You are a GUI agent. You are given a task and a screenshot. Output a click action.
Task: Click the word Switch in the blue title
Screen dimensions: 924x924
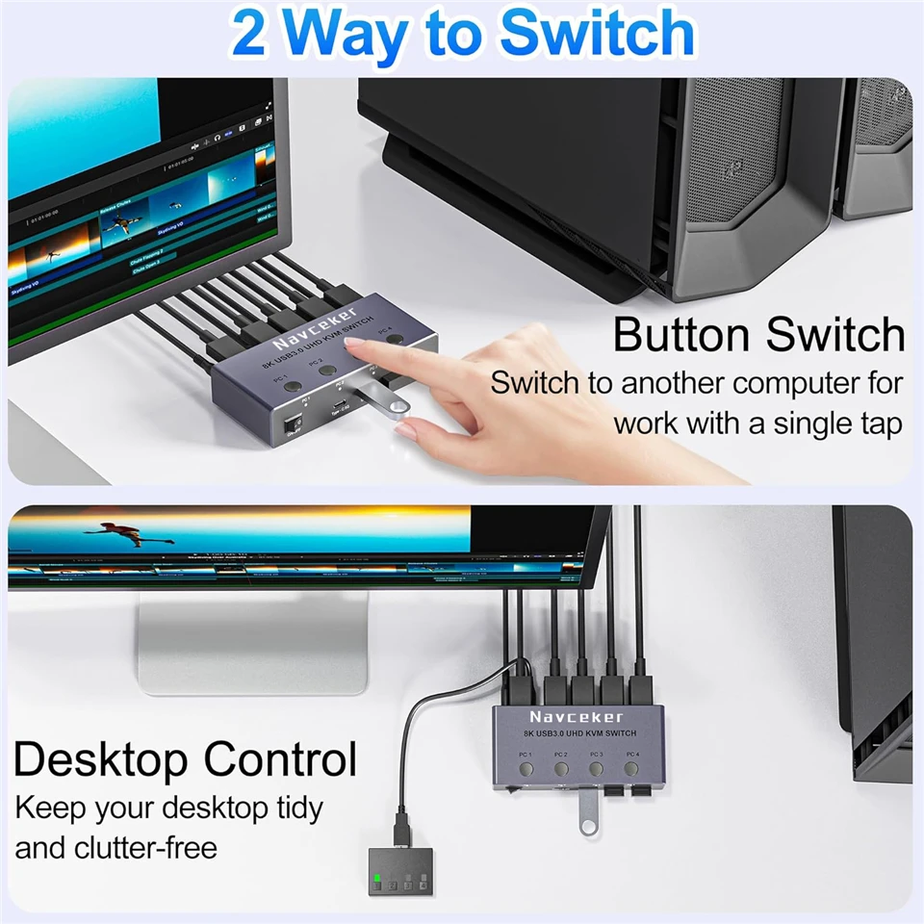(x=598, y=34)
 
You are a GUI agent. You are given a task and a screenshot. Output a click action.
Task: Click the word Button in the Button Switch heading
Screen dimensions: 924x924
(x=680, y=335)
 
